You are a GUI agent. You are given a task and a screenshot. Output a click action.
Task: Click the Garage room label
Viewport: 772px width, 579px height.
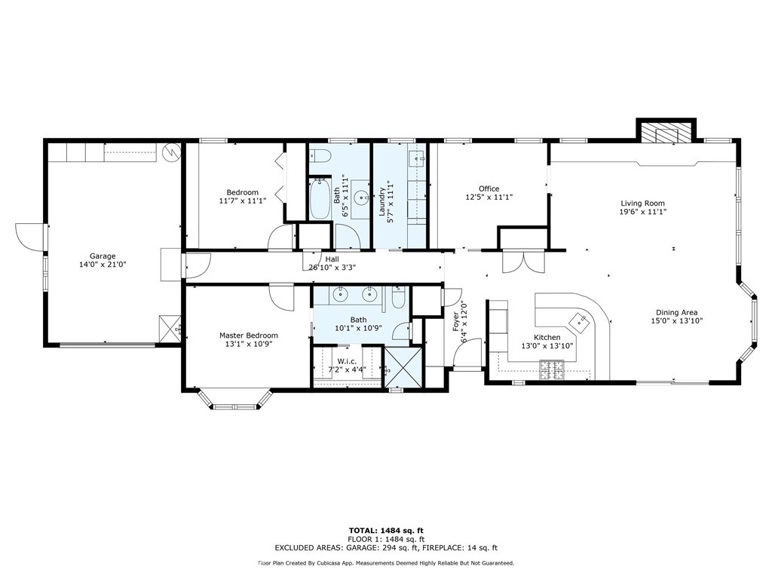click(103, 256)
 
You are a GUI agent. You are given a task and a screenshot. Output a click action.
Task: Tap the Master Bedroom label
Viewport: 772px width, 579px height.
click(249, 335)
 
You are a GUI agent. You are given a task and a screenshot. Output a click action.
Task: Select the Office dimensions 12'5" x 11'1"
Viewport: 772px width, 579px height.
click(489, 197)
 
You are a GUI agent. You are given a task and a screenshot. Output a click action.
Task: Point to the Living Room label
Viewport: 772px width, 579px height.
click(642, 203)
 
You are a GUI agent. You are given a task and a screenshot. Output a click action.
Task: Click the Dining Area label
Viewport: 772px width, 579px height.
click(676, 312)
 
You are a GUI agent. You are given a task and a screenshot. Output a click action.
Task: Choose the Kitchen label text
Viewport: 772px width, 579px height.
click(547, 337)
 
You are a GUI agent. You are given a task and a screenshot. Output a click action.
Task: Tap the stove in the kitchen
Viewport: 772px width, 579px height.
click(551, 371)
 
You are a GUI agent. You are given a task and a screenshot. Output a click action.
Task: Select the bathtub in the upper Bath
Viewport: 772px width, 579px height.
click(320, 198)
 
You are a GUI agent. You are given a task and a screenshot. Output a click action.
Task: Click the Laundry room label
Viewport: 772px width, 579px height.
click(381, 202)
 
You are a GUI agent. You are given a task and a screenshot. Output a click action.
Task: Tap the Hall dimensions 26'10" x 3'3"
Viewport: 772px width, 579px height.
click(332, 268)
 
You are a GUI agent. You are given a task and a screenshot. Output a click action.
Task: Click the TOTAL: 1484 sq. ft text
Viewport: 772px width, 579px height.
click(386, 530)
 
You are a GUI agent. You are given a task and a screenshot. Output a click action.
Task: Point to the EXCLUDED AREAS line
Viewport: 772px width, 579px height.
click(386, 547)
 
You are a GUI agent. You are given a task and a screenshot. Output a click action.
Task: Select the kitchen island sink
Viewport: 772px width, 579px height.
click(579, 321)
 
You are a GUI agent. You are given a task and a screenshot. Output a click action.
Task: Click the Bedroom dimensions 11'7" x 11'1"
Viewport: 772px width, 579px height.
click(242, 201)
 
